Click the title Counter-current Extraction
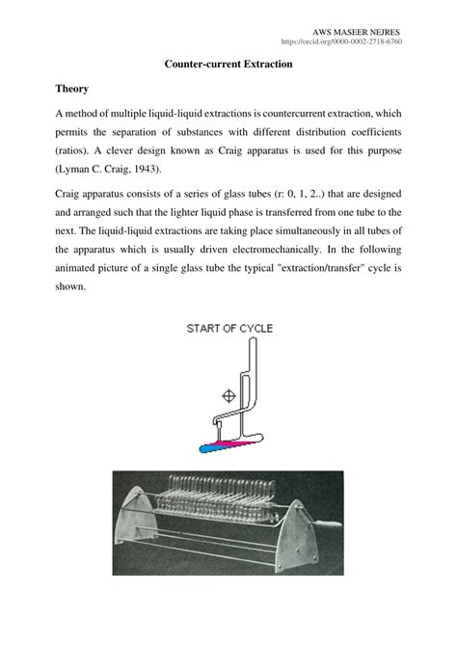click(228, 64)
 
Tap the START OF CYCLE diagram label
click(228, 329)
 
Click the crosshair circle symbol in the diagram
click(228, 393)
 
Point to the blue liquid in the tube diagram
click(205, 447)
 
